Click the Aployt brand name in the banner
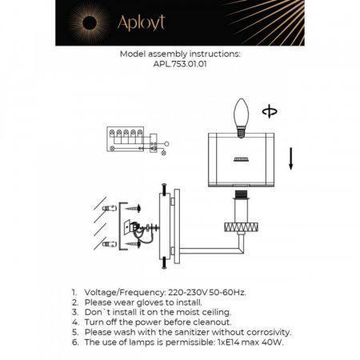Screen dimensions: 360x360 coord(141,22)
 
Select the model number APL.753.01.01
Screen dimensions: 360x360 coord(180,64)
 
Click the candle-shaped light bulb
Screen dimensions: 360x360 coord(241,118)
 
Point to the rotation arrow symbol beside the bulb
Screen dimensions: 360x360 coord(270,111)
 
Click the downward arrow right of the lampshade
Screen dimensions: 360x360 coord(291,158)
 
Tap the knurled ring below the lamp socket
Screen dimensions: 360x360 coord(241,227)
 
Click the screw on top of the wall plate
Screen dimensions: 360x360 coord(164,189)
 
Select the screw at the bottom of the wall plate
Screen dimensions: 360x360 coord(164,262)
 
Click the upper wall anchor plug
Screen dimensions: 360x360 coord(110,208)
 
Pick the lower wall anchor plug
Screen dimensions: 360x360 coord(110,244)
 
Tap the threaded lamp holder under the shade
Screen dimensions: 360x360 coord(241,194)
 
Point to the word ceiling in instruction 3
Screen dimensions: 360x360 coord(216,312)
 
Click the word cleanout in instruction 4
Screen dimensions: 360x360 coord(212,322)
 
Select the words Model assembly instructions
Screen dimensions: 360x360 coord(180,54)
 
